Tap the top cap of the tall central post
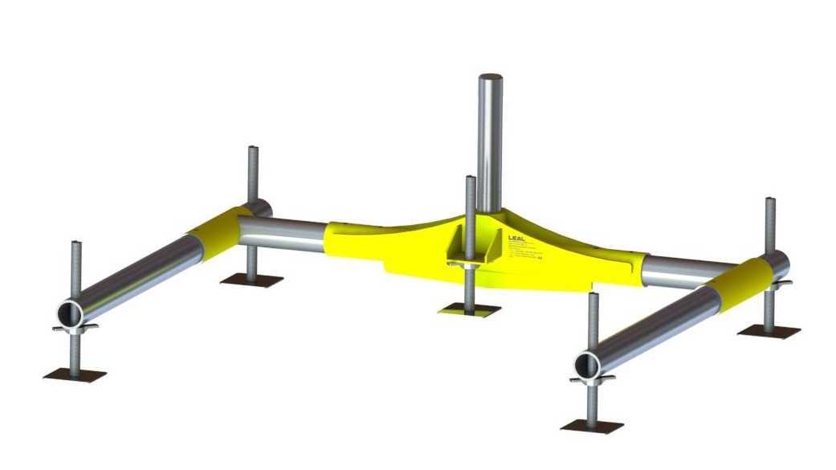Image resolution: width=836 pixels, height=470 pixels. coord(491,78)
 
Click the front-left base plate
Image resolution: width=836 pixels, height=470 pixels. coord(75,374)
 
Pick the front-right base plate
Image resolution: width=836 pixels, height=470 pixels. coord(592,425)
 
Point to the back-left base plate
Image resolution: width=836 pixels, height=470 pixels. coord(251,280)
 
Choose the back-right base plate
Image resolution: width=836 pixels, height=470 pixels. coord(769,330)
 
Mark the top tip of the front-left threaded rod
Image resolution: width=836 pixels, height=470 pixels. coord(75,243)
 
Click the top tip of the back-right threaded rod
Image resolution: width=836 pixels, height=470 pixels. coord(769,198)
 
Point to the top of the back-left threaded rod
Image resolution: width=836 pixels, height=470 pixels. coord(253,148)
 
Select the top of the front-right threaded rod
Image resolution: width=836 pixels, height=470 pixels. coord(593,295)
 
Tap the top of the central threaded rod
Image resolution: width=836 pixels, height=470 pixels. coord(470,178)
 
